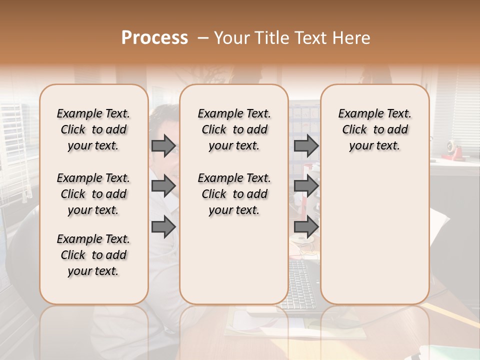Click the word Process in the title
click(154, 38)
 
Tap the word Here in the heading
click(352, 38)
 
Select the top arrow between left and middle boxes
click(163, 145)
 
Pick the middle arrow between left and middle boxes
click(163, 185)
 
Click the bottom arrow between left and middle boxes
click(163, 227)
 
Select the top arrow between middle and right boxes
click(306, 145)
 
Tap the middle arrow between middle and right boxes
click(306, 185)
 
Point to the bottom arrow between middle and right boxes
click(306, 227)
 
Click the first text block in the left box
click(93, 129)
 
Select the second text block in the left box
click(93, 194)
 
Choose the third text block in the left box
click(93, 255)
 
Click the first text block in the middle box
click(234, 129)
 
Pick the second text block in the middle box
click(234, 194)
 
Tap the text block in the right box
click(374, 129)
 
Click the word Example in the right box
click(356, 114)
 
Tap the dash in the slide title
click(203, 38)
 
